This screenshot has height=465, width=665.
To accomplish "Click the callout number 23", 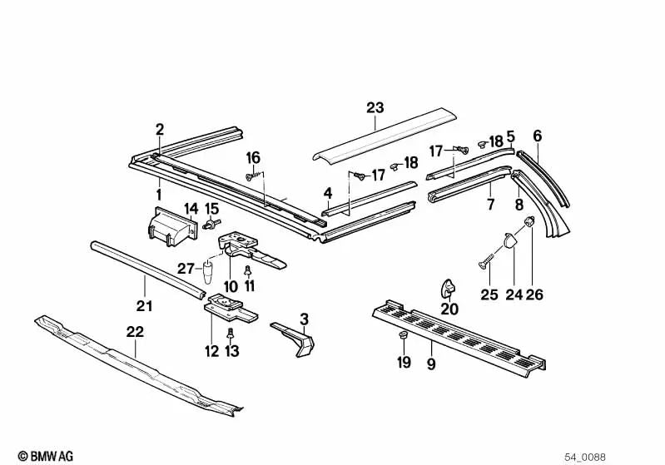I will coord(375,106).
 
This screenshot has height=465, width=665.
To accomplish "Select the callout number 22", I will coord(135,331).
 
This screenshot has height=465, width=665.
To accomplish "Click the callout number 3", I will coord(304,319).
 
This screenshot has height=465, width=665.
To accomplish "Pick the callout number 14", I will coord(191,208).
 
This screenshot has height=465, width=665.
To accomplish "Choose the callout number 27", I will coord(186,268).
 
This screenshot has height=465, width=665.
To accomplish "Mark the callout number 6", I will coord(537,136).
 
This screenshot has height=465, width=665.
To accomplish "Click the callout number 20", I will coord(449,309).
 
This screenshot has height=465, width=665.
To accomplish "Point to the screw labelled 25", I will coord(485,263).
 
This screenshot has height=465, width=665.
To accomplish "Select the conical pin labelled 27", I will coord(208,272).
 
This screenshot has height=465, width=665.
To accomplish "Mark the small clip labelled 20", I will coord(449,288).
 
